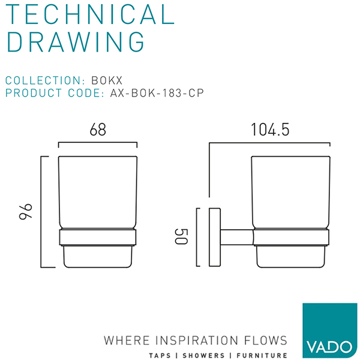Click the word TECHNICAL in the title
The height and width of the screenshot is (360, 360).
click(x=90, y=14)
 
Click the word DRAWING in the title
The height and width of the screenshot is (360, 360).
click(x=76, y=42)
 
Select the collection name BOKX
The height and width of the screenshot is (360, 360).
click(x=107, y=80)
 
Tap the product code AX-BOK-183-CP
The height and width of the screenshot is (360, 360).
click(x=157, y=93)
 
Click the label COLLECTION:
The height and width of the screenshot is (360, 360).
click(x=45, y=80)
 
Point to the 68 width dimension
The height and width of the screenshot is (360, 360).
click(x=98, y=130)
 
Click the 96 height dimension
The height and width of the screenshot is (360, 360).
click(x=25, y=211)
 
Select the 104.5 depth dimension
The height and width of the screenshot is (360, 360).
click(x=270, y=130)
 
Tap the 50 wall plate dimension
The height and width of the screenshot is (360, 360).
click(x=181, y=236)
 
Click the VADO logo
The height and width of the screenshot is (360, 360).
click(x=329, y=331)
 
